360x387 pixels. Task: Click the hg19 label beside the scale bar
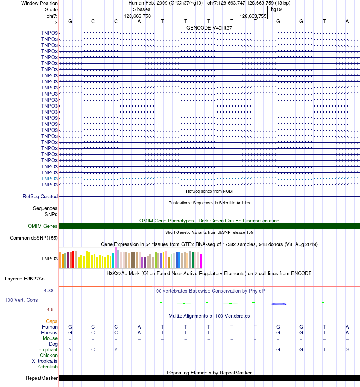tap(276, 9)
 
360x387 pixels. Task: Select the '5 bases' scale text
tap(141, 9)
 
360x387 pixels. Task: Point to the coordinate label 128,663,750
tap(138, 16)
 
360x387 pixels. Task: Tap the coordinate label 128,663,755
tap(253, 16)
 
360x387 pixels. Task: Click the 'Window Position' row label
tap(39, 3)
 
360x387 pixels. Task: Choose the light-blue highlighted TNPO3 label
tap(50, 179)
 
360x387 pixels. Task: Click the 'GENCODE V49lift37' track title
tap(209, 28)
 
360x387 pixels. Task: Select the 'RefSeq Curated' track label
tap(40, 197)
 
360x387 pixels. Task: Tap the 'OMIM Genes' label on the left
tap(43, 226)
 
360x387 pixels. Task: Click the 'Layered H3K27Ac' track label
tap(25, 279)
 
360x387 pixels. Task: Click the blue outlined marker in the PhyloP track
tap(278, 304)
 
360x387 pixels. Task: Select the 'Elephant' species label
tap(48, 350)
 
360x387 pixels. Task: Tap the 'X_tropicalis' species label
tap(45, 361)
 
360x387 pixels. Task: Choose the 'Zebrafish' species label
tap(47, 367)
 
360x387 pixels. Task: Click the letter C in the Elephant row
tap(93, 350)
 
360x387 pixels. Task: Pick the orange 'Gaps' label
tap(52, 321)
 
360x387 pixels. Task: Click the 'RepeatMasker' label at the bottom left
tap(42, 378)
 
